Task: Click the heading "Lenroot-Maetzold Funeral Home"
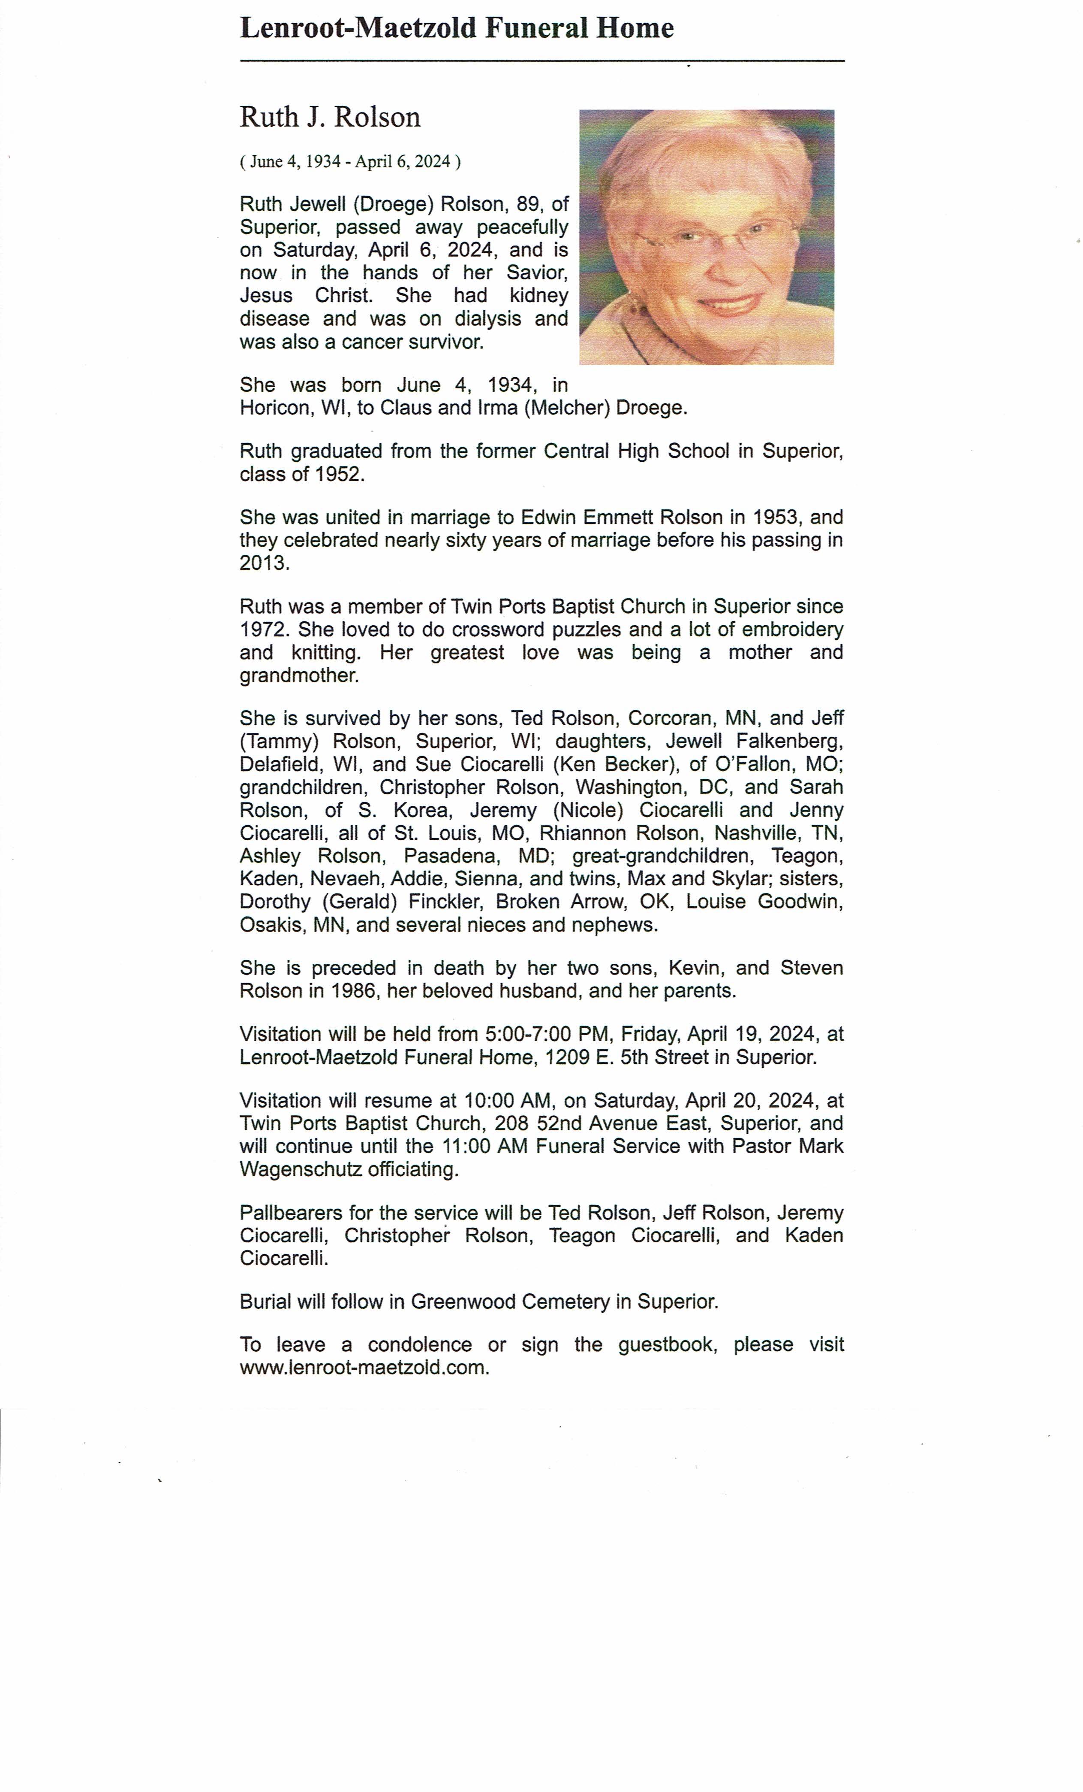[x=457, y=28]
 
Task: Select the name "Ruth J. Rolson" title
[x=330, y=117]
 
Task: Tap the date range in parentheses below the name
[x=349, y=161]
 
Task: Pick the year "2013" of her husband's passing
[x=263, y=563]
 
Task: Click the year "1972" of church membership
[x=263, y=630]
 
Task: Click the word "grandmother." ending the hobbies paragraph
[x=299, y=675]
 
